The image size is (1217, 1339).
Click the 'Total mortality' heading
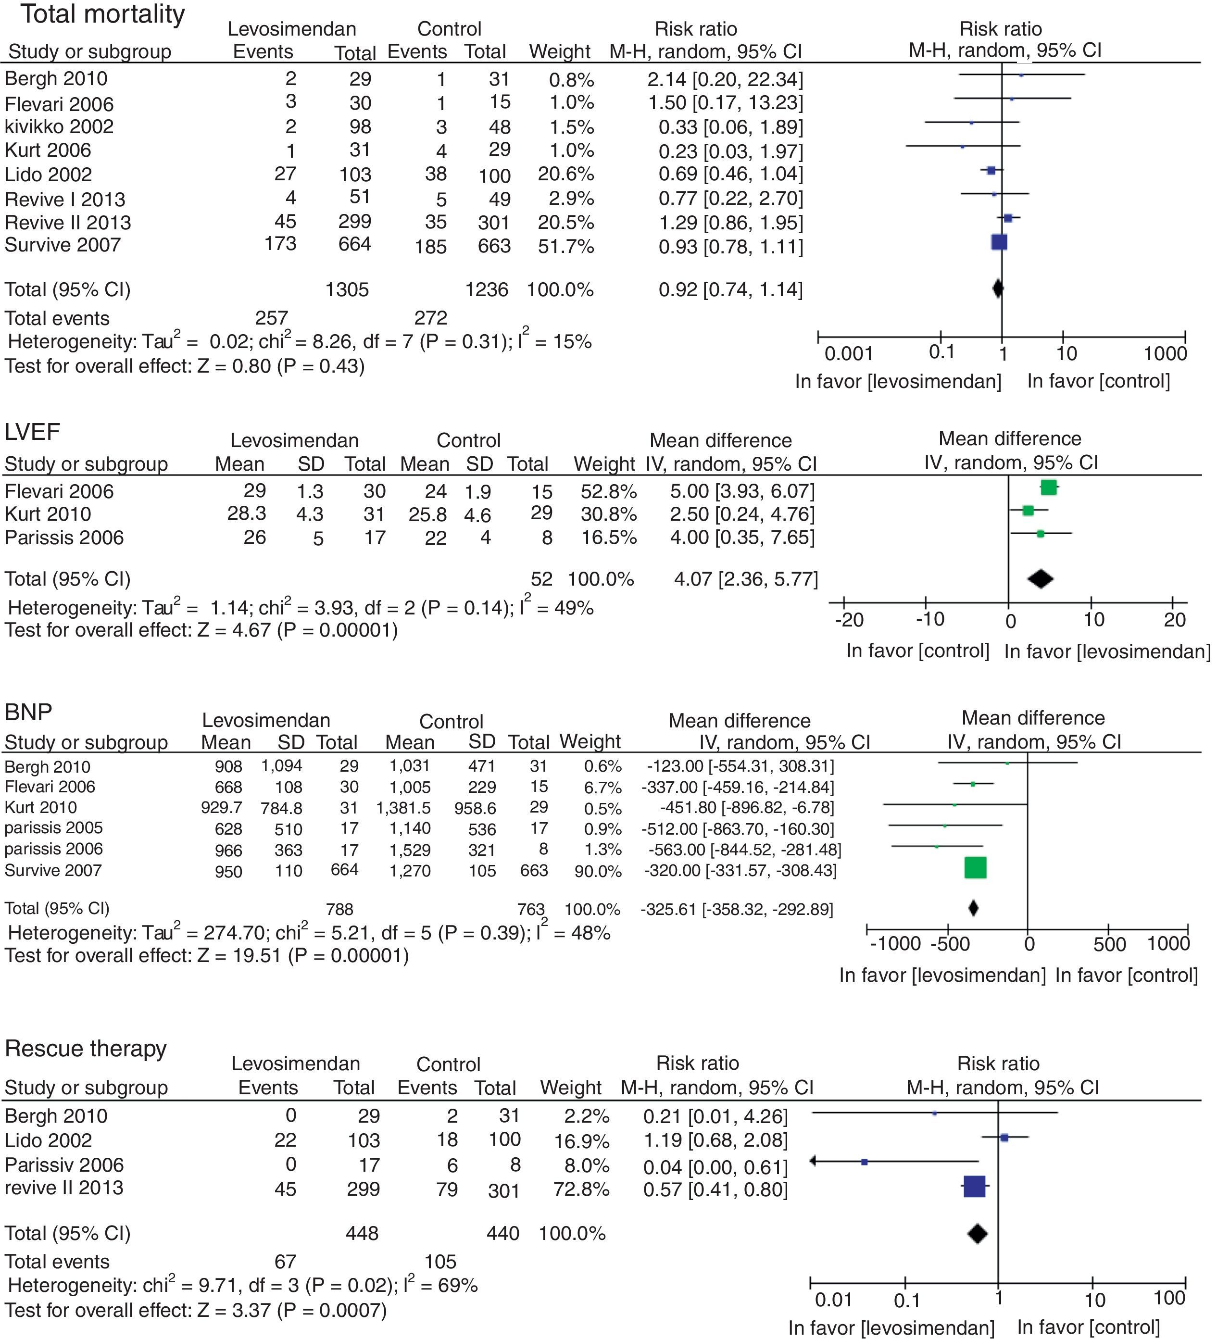103,14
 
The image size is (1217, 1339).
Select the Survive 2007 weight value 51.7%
565,247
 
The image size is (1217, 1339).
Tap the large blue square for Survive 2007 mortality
998,242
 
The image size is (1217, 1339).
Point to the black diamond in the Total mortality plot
997,289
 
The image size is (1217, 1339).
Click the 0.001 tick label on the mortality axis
848,353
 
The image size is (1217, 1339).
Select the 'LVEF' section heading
32,432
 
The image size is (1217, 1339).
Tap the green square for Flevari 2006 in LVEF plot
1048,488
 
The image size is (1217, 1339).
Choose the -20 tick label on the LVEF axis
849,620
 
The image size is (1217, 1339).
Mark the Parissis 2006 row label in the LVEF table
64,538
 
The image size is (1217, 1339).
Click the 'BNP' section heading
28,712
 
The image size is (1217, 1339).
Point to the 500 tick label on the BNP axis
1109,944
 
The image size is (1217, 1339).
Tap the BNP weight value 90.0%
598,871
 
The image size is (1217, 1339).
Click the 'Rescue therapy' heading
85,1048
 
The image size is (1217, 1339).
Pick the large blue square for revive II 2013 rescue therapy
975,1186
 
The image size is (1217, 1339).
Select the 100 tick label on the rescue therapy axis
1169,1298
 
